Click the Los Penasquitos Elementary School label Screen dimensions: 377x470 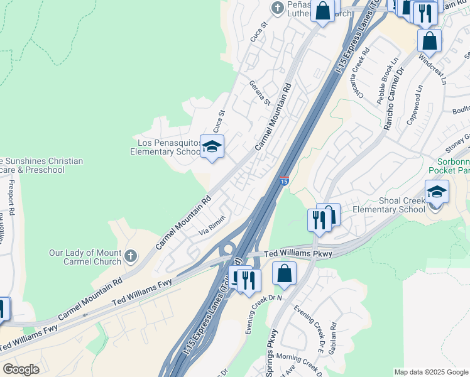165,146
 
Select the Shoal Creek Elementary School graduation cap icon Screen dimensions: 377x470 437,192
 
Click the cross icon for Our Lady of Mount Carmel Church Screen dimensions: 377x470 130,256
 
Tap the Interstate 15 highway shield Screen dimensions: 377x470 284,181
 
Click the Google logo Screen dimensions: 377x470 21,369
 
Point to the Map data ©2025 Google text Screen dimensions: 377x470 430,372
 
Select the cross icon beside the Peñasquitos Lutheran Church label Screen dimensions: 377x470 277,8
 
